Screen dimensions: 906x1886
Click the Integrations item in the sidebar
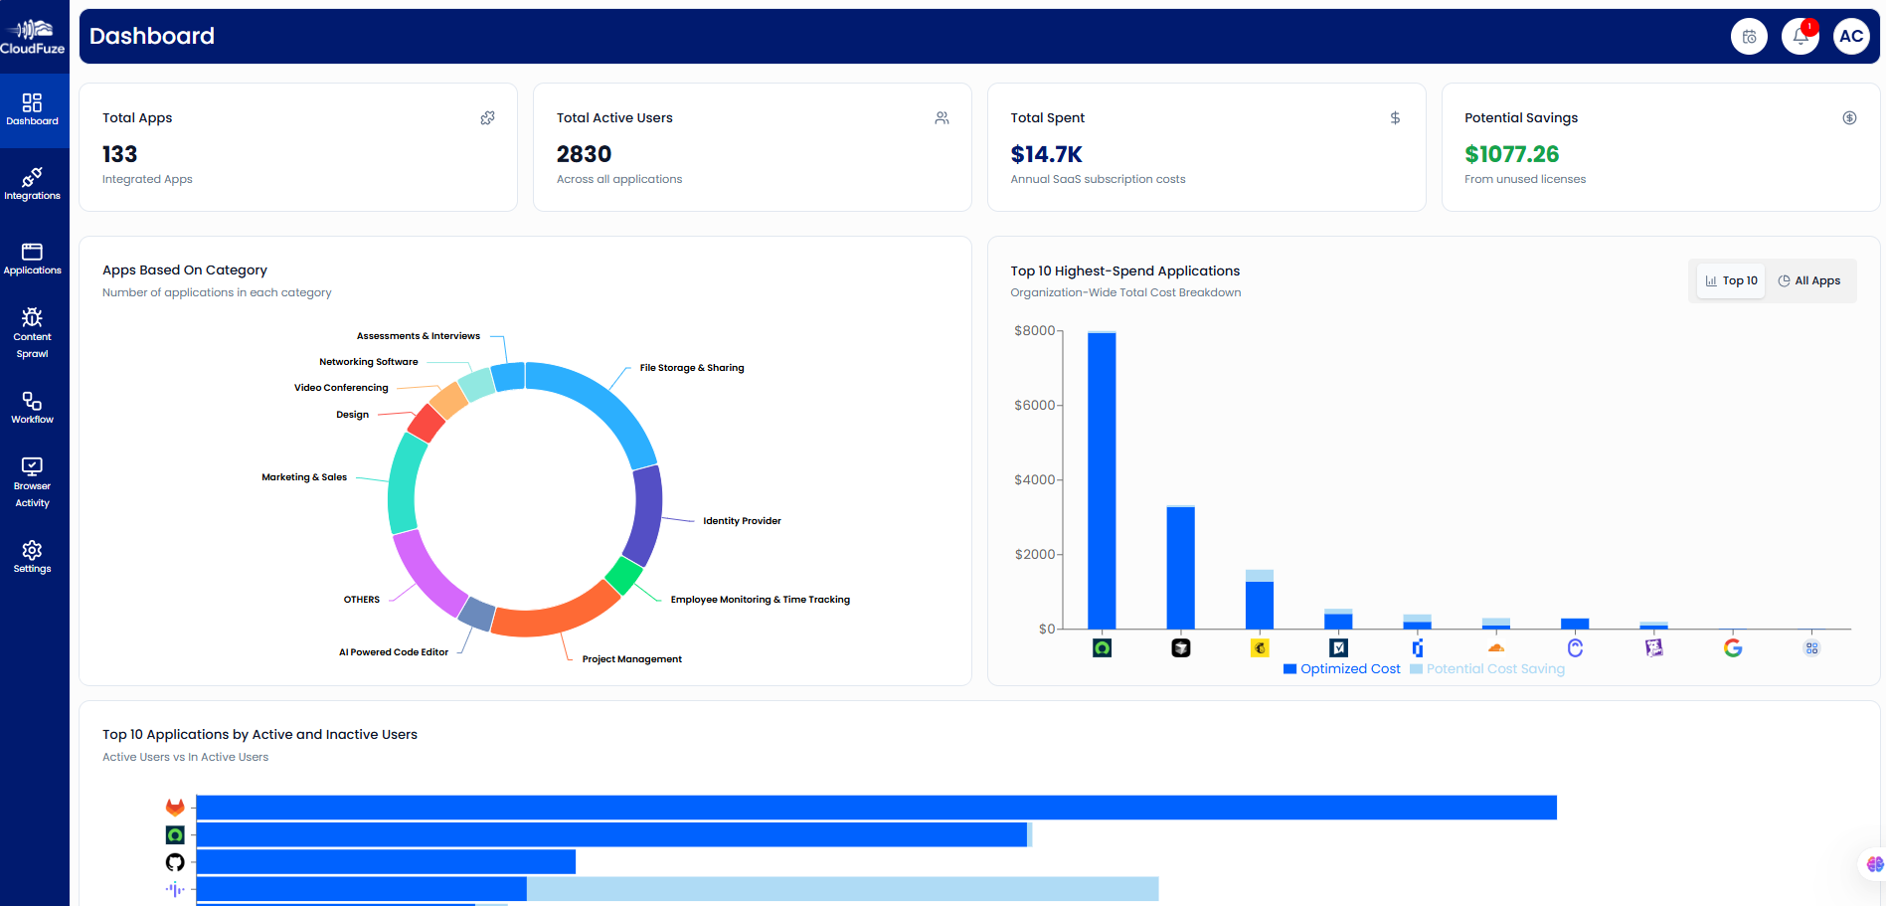click(32, 184)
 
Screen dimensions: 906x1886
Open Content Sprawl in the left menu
click(32, 332)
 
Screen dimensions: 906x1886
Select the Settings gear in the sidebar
click(32, 556)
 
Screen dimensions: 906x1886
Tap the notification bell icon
click(1800, 37)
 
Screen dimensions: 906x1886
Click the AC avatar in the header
click(1850, 37)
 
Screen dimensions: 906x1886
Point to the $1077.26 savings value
click(1511, 154)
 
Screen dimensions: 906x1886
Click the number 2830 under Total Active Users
click(584, 154)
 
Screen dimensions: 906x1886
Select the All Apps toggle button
click(1809, 280)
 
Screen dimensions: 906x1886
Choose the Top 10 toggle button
click(1731, 280)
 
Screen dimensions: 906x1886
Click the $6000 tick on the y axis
click(1034, 405)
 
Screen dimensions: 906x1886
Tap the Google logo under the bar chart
click(1733, 647)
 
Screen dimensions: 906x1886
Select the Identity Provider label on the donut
click(742, 521)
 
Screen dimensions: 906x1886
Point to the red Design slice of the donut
click(427, 424)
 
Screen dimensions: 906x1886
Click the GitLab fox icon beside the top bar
click(175, 807)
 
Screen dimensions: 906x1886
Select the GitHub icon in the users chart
click(175, 861)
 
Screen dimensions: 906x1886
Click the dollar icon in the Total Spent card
click(1395, 117)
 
